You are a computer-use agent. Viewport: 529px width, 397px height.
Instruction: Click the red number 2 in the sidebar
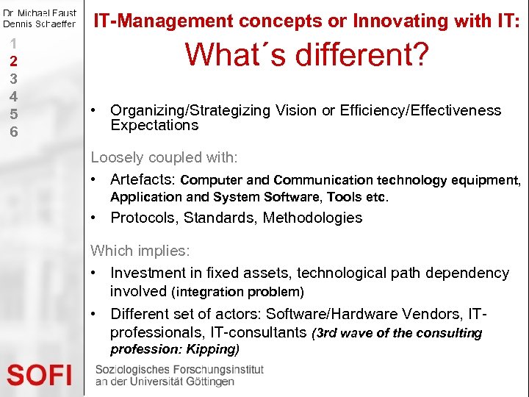[x=13, y=60]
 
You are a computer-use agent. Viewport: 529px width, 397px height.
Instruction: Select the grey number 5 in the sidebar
[x=13, y=114]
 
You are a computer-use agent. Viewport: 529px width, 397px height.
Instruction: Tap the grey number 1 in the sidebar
[x=13, y=43]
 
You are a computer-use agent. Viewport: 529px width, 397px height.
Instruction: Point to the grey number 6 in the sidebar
[x=13, y=132]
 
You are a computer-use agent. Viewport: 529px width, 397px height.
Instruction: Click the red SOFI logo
[x=40, y=376]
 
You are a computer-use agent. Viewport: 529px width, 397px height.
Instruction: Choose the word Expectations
[x=154, y=125]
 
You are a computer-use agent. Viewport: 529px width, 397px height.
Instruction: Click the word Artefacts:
[x=143, y=179]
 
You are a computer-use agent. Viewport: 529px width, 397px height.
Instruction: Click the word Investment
[x=145, y=273]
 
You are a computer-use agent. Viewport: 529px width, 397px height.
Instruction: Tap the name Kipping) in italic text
[x=213, y=348]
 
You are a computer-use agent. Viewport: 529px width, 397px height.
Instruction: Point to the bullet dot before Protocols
[x=95, y=218]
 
